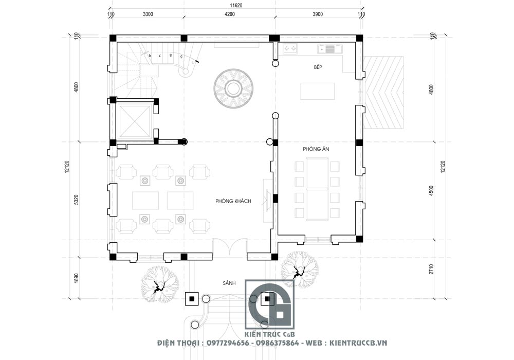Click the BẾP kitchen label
321,67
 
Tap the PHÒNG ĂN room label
316,149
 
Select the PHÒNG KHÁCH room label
233,201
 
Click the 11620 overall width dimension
236,5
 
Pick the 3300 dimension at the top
148,14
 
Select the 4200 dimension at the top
229,14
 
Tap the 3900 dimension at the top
317,14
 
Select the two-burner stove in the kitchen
290,49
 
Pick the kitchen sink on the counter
326,49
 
